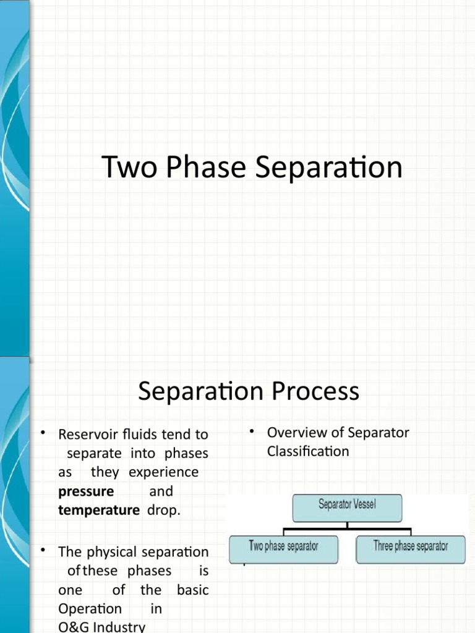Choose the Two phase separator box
283,547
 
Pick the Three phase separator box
410,547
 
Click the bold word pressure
86,492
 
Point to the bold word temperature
99,511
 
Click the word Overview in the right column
296,433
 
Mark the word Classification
308,452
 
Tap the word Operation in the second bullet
90,609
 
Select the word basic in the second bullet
192,590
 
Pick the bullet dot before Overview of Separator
253,431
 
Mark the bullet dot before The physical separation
43,550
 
